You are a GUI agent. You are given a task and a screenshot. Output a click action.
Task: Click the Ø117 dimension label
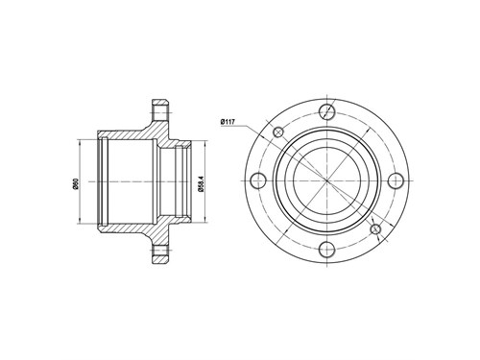(x=228, y=122)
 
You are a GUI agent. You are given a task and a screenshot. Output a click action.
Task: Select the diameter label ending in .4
(x=201, y=183)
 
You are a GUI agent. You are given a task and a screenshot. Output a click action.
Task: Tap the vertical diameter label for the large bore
(x=76, y=184)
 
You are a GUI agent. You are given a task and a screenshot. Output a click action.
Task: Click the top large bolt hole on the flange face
(x=327, y=111)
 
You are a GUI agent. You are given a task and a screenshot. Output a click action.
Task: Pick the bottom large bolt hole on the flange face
(x=327, y=250)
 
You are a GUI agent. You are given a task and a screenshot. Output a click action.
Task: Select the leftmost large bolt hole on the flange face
(x=258, y=180)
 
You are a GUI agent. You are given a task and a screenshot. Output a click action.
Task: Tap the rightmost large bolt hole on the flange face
(x=396, y=180)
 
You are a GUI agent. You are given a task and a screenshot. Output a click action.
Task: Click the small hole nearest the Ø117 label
(x=278, y=132)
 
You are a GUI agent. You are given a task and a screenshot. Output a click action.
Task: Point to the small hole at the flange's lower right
(x=375, y=229)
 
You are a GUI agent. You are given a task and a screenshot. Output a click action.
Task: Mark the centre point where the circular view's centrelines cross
(x=327, y=180)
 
